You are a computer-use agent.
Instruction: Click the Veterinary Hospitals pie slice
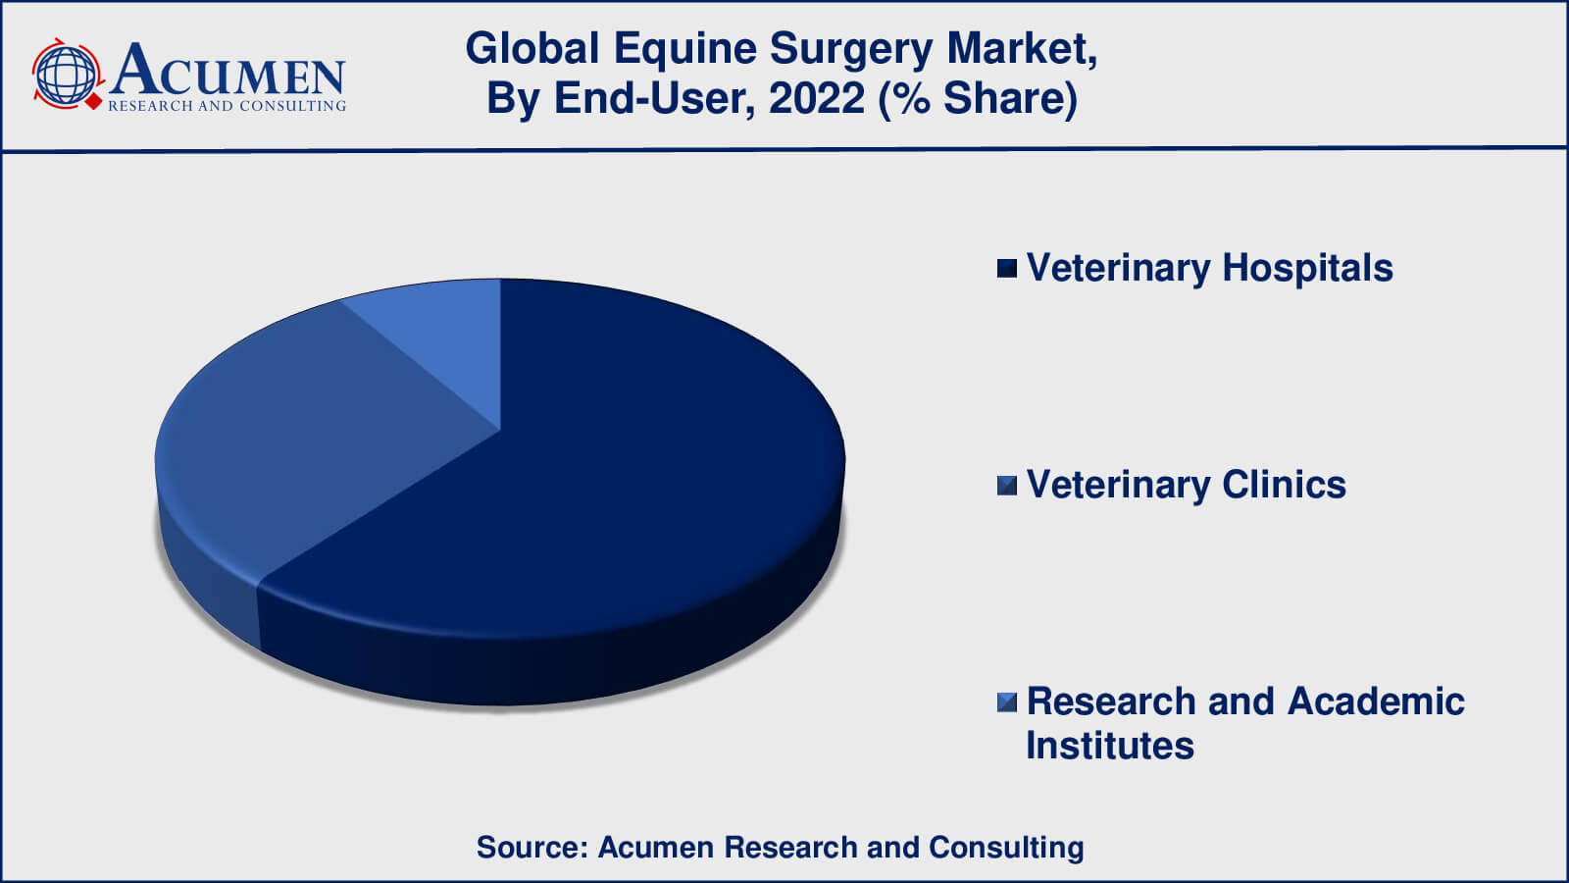coord(595,491)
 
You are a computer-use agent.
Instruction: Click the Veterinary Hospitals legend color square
coord(1006,269)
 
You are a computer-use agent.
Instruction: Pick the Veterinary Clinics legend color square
coord(1006,486)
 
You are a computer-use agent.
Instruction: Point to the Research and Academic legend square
coord(1006,702)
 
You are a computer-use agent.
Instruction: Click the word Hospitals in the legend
coord(1308,268)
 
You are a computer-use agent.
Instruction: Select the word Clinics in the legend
coord(1284,485)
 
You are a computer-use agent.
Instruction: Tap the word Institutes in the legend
coord(1110,745)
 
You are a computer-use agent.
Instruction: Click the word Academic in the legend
coord(1376,701)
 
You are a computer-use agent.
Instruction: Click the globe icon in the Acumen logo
coord(67,75)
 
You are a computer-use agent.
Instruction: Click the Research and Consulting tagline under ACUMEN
coord(227,106)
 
